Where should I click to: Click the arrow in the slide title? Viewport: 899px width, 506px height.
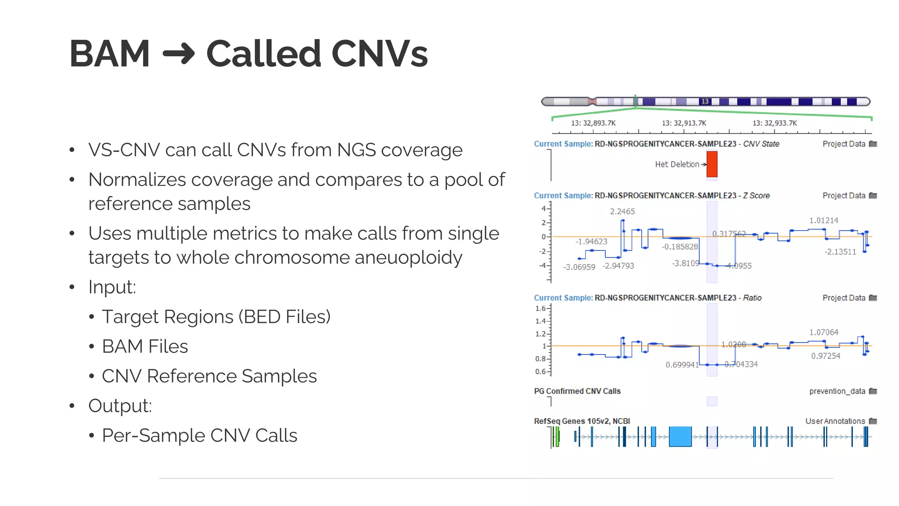(x=179, y=54)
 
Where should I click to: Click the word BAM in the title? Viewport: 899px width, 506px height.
(x=110, y=54)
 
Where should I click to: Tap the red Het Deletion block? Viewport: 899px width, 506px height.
(x=712, y=164)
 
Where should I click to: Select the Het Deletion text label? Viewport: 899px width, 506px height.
(x=677, y=164)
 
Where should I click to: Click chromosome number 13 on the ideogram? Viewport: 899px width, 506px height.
(x=705, y=101)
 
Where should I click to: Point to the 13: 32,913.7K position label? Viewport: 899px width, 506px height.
(x=684, y=123)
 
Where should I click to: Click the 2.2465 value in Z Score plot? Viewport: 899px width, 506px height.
(x=622, y=211)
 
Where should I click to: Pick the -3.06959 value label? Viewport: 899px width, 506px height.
(x=579, y=267)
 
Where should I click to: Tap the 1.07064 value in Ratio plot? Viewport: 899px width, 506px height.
(x=823, y=332)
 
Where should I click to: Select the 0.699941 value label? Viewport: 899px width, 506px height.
(x=682, y=365)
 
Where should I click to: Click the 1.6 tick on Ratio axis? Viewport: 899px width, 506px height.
(x=540, y=308)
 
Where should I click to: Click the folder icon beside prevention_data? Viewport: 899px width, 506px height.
(x=873, y=391)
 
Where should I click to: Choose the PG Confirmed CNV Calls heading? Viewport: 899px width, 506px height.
(x=577, y=391)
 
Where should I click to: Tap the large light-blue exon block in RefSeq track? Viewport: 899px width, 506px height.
(x=680, y=437)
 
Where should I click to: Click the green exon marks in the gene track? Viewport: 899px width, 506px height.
(x=557, y=437)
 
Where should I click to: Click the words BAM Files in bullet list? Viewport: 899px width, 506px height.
(x=145, y=346)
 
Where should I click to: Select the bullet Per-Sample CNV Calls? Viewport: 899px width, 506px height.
(x=199, y=435)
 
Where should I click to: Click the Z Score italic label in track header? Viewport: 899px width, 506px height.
(x=756, y=195)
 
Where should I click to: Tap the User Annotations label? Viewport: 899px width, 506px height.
(x=835, y=421)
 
